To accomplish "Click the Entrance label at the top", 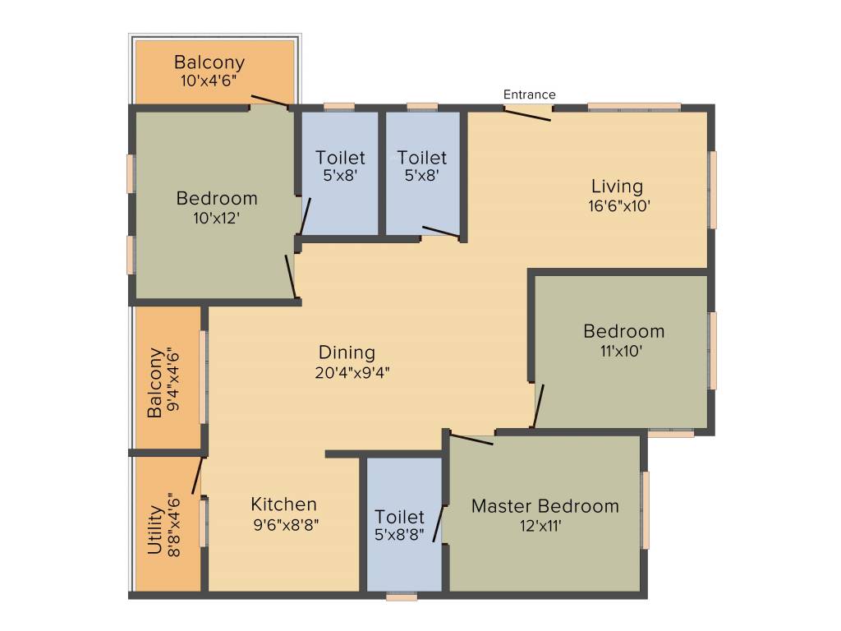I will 529,94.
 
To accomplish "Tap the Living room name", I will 617,187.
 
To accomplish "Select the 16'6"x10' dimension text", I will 618,205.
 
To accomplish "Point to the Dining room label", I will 347,352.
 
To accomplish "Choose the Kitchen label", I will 283,504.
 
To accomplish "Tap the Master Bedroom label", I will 545,506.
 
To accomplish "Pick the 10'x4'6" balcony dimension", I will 209,81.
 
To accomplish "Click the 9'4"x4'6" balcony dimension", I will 172,385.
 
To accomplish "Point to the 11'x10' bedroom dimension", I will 621,351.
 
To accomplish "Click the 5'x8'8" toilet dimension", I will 400,535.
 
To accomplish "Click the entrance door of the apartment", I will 527,113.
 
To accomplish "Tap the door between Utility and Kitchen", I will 197,475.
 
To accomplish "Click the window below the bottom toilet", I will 402,597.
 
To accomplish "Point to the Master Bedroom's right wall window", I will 646,509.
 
